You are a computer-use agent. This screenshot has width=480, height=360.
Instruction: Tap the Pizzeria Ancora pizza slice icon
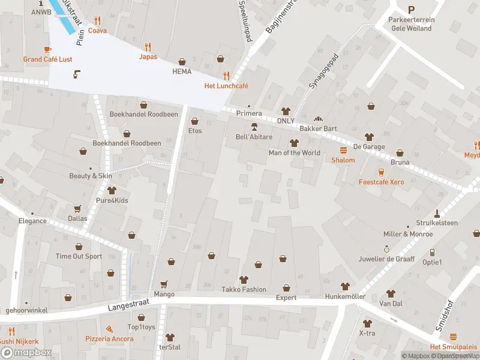(x=109, y=329)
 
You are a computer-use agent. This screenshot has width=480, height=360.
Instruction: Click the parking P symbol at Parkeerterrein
(x=411, y=10)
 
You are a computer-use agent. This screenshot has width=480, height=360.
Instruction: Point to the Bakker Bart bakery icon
(x=318, y=119)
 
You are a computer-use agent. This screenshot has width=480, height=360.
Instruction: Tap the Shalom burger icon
(x=343, y=150)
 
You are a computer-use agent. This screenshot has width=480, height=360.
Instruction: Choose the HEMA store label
(x=182, y=71)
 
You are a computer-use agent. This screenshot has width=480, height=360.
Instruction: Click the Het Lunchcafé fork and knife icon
(x=226, y=76)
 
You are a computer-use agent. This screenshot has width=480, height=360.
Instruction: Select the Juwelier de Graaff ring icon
(x=387, y=248)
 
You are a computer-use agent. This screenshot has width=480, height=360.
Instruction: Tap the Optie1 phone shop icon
(x=431, y=253)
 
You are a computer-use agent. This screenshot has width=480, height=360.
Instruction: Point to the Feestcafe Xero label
(x=381, y=182)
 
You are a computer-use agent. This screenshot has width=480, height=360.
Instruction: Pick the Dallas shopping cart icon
(x=77, y=209)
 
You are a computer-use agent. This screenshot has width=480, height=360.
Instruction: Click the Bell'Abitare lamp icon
(x=254, y=127)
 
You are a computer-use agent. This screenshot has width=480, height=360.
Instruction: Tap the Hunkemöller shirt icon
(x=344, y=286)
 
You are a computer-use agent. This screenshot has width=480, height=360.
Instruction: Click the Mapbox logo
(x=26, y=353)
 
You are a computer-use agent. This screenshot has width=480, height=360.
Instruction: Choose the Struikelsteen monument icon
(x=437, y=212)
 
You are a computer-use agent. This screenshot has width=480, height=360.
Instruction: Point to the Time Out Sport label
(x=79, y=256)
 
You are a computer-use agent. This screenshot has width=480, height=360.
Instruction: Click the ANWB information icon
(x=41, y=2)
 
